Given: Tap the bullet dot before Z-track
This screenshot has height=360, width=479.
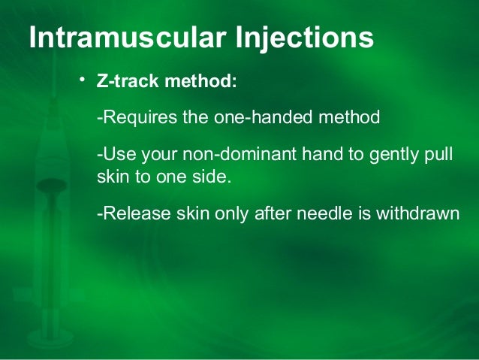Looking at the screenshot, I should tap(84, 79).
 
